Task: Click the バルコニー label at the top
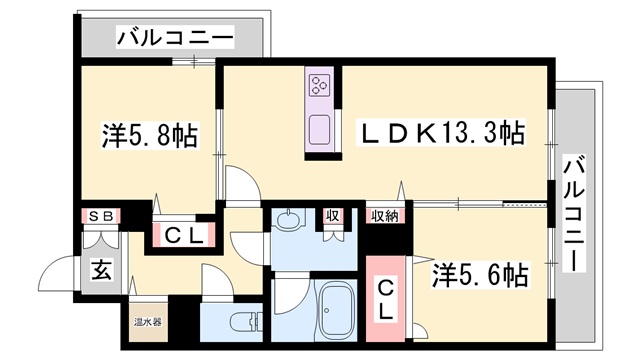pos(175,39)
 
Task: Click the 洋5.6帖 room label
pos(480,273)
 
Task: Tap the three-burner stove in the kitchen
pos(321,86)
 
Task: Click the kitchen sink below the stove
pos(321,129)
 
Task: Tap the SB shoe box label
pos(101,215)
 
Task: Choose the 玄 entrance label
pos(101,269)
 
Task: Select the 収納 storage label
pos(384,215)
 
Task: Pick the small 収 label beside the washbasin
pos(331,215)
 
